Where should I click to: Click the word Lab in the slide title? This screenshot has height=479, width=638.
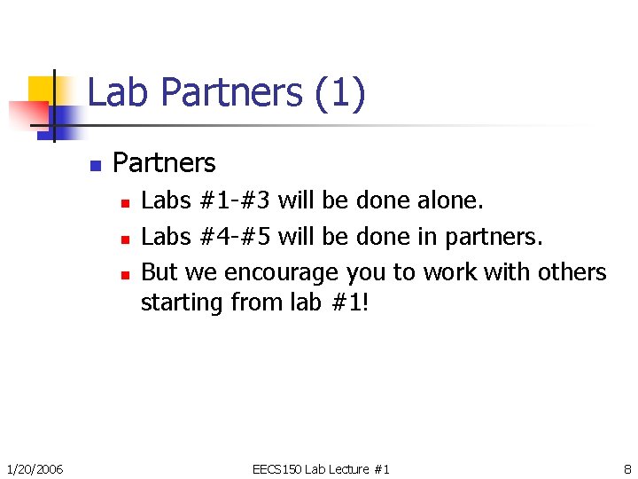(x=119, y=93)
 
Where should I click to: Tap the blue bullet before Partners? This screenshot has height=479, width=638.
(x=96, y=165)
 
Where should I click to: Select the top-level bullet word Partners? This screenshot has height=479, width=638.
(x=164, y=163)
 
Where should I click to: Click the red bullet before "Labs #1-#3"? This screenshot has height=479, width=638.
(x=126, y=203)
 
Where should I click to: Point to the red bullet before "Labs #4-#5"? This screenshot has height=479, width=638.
(x=126, y=239)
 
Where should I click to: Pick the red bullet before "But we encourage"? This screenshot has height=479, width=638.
(x=126, y=274)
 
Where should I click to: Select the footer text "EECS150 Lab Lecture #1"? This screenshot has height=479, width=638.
(x=321, y=468)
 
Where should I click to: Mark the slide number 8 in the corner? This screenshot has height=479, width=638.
(x=627, y=468)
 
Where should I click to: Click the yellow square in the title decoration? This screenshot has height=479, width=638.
(x=43, y=89)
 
